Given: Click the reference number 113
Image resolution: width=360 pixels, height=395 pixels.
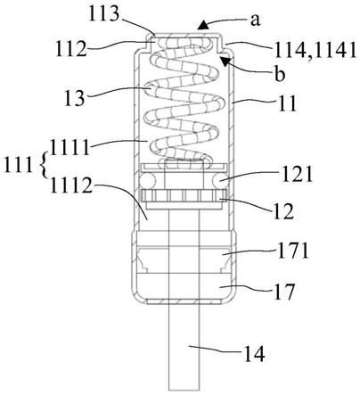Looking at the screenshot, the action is pos(104,13).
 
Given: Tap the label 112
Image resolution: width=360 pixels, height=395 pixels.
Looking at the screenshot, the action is pos(70,48).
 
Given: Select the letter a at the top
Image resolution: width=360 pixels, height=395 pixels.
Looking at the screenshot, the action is pos(255,20).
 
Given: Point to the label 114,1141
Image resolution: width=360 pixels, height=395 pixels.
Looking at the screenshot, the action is pos(315,50).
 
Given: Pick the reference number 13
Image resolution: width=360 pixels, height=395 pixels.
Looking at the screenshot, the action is pos(75,98).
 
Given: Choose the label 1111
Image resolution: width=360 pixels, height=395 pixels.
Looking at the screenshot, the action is pos(70,147).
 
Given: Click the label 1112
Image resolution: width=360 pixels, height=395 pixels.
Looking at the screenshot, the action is pos(71,185).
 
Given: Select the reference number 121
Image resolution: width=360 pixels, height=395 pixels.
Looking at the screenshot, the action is pos(297,174).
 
